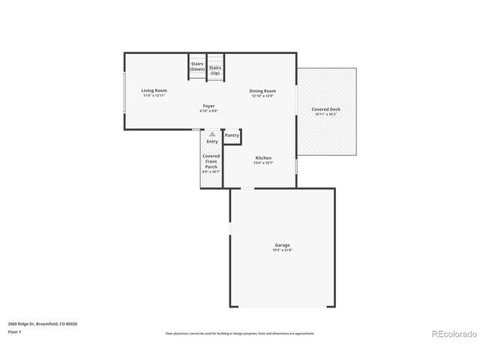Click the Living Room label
(x=154, y=91)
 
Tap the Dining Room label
(x=262, y=91)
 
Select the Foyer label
(x=208, y=106)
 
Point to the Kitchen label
(x=263, y=157)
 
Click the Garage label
(x=282, y=244)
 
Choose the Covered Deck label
(x=326, y=109)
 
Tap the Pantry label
(x=232, y=136)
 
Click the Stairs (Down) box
(x=197, y=66)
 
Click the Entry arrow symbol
(x=211, y=135)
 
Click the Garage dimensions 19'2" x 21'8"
(x=282, y=250)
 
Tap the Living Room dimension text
(x=154, y=96)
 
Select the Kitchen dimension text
(x=263, y=163)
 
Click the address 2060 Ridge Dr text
(x=43, y=323)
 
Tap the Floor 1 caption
(x=15, y=331)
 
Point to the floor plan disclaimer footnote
(x=240, y=333)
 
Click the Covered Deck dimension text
(x=326, y=115)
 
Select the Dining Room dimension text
(x=262, y=96)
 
